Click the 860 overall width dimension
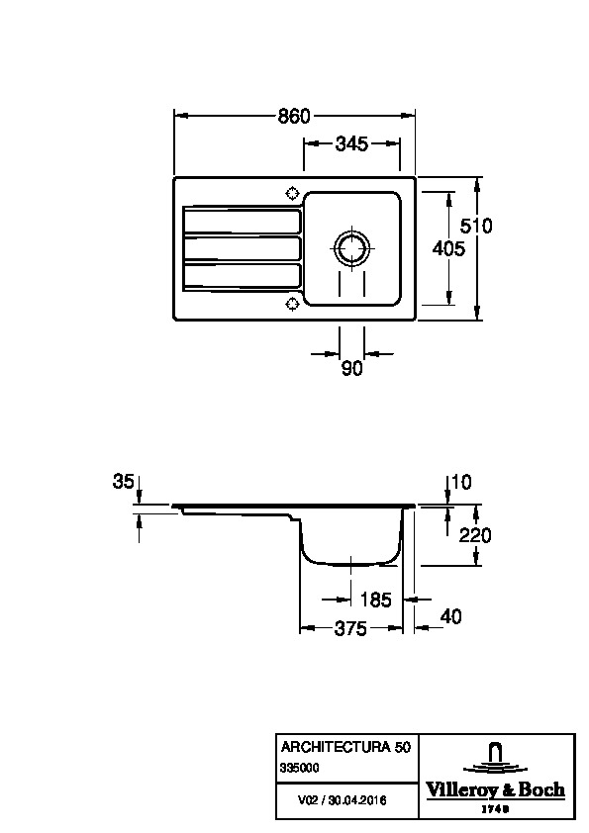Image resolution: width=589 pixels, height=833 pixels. click(x=294, y=116)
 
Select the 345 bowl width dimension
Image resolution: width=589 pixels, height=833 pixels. click(x=351, y=143)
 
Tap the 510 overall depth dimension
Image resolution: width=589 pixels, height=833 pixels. click(x=476, y=226)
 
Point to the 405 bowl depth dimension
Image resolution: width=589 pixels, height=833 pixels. click(x=448, y=248)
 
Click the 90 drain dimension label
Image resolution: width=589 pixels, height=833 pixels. click(x=351, y=368)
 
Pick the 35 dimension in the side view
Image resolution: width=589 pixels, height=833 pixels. click(x=124, y=482)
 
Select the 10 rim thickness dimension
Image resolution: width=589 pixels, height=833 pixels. click(x=461, y=482)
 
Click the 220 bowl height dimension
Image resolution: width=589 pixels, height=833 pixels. click(x=475, y=535)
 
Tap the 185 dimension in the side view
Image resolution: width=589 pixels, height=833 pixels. click(x=375, y=600)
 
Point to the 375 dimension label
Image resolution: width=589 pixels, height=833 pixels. click(x=350, y=629)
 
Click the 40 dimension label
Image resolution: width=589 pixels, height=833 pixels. click(x=450, y=616)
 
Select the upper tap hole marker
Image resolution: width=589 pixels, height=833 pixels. click(x=292, y=193)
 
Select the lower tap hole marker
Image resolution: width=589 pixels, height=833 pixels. click(x=292, y=304)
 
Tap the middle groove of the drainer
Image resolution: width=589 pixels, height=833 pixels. click(x=242, y=248)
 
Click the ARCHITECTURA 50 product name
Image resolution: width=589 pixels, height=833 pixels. click(x=345, y=747)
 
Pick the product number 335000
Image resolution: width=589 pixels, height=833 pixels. click(x=300, y=768)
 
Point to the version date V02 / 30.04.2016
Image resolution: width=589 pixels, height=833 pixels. click(x=342, y=800)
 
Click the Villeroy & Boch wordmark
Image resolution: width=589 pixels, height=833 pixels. click(x=495, y=790)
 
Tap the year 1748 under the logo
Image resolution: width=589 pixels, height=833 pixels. click(x=495, y=809)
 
